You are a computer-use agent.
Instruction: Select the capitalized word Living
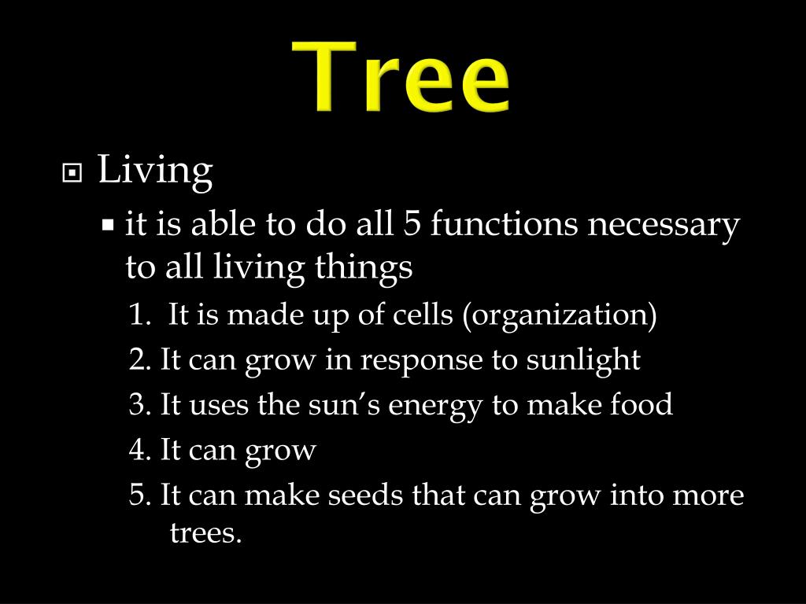[155, 171]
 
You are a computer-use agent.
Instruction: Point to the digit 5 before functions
[412, 225]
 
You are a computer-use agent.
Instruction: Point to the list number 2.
[139, 361]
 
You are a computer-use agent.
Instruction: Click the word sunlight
[583, 361]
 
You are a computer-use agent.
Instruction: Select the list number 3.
[139, 406]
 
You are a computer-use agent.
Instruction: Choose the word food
[641, 406]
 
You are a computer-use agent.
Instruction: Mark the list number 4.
[139, 451]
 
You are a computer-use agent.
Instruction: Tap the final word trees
[205, 534]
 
